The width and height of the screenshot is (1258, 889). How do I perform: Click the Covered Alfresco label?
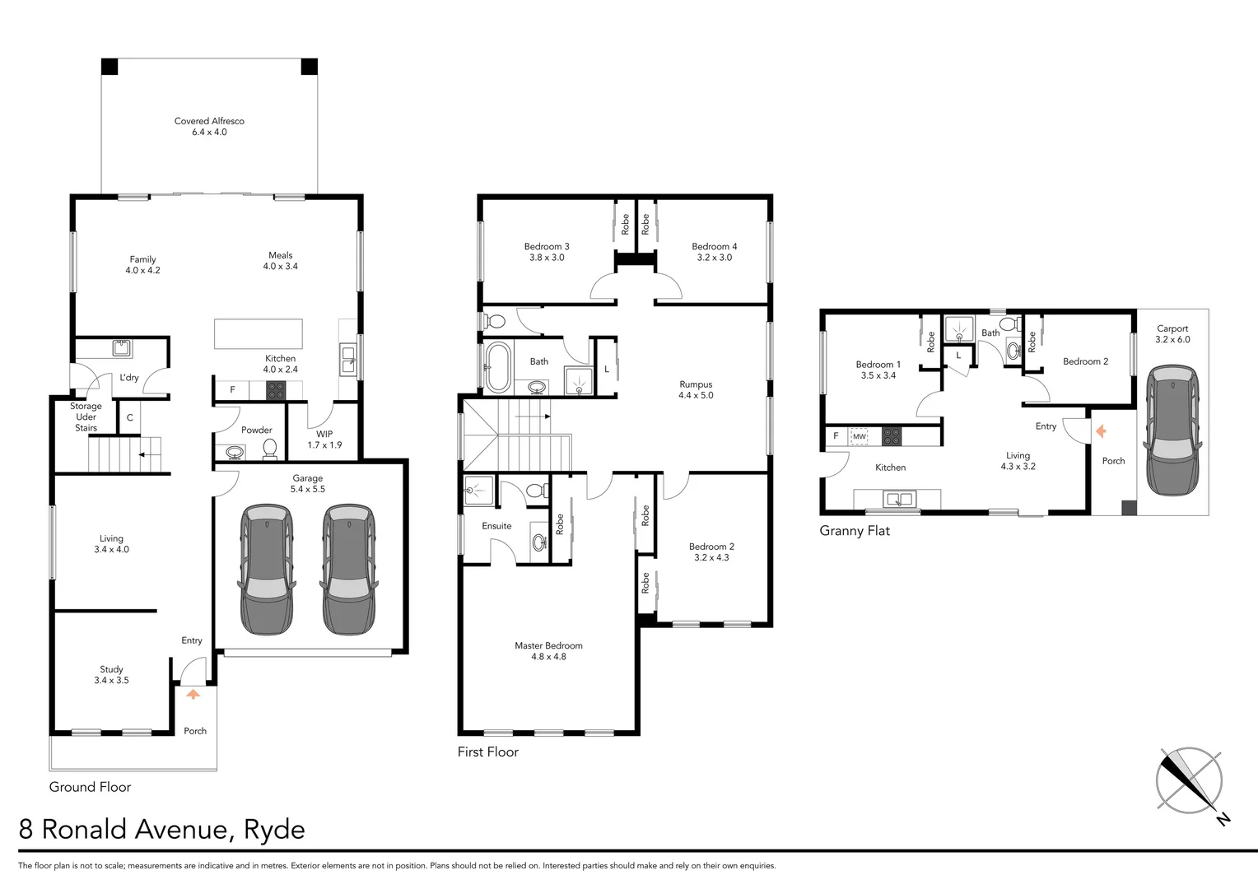click(209, 121)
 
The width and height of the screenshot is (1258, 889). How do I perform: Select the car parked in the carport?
click(1172, 431)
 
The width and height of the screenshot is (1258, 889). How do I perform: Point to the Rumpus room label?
click(695, 384)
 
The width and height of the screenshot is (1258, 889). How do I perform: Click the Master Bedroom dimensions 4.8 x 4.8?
click(548, 657)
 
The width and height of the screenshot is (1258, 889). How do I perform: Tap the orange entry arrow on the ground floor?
click(193, 694)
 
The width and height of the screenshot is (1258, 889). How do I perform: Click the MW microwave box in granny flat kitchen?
click(860, 436)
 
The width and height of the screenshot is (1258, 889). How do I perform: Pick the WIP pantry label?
click(324, 434)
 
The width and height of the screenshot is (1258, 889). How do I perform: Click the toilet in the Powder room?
click(268, 449)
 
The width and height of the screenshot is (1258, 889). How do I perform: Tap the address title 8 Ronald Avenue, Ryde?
click(161, 829)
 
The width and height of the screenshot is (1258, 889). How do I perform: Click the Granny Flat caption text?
click(854, 531)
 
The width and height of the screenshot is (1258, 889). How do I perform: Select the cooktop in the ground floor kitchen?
click(276, 390)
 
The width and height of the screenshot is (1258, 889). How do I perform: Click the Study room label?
click(111, 669)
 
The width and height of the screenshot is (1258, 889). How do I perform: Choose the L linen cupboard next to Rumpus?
click(607, 369)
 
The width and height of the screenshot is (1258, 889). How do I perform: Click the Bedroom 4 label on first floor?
click(714, 246)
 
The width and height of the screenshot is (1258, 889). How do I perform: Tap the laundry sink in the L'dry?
click(123, 347)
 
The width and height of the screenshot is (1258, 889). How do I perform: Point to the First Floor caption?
click(488, 752)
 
